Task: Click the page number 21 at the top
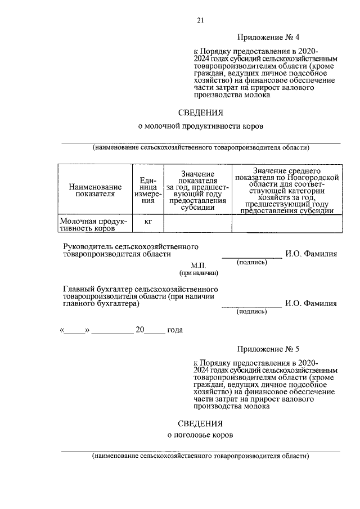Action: coord(200,21)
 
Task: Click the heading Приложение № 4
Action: coord(267,38)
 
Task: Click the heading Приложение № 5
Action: coord(267,349)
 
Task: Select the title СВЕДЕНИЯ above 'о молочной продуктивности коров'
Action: coord(200,112)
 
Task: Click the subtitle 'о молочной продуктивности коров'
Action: coord(200,127)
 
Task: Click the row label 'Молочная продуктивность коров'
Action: coord(94,225)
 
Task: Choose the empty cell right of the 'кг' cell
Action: coord(197,224)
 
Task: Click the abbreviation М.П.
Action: coord(199,265)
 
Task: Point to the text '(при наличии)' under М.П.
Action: coord(199,273)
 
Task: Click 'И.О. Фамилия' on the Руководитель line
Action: coord(310,254)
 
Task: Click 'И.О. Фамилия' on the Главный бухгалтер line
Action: coord(310,304)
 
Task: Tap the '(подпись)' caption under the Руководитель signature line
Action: coord(251,262)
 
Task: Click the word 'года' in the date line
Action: coord(175,330)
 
